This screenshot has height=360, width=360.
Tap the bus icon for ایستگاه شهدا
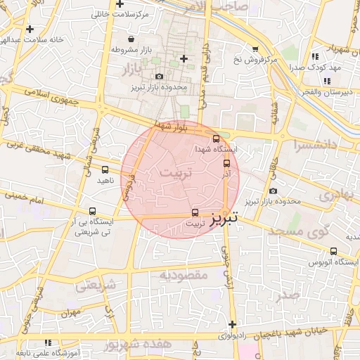(216, 139)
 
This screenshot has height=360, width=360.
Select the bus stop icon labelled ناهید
(105, 169)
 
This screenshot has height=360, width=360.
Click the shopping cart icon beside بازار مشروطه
(115, 50)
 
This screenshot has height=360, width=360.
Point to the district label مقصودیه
(184, 274)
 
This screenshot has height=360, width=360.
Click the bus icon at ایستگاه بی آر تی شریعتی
(92, 211)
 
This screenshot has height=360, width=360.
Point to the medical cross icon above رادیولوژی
(233, 324)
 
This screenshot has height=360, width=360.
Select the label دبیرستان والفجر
(330, 92)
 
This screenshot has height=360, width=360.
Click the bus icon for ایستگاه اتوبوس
(333, 251)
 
